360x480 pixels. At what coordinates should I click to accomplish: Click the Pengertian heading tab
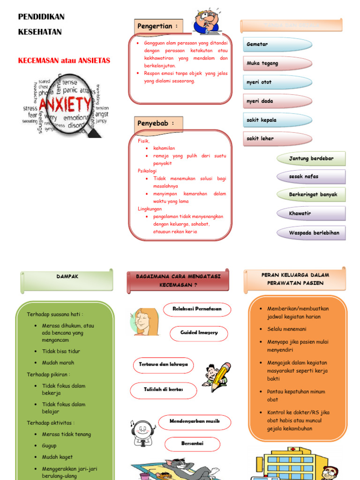coord(158,26)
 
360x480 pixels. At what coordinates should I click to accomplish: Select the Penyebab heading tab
coord(158,123)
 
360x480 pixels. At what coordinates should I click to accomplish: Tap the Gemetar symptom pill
coord(277,45)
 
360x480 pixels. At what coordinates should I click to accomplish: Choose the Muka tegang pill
coord(277,63)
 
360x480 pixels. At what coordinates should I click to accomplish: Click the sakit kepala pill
coord(277,120)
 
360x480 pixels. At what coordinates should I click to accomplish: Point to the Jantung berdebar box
coord(311,158)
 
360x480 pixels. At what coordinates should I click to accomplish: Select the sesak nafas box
coord(311,177)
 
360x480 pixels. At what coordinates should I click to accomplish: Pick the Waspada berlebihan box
coord(311,233)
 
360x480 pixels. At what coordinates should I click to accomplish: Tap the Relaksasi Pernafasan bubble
coord(198,309)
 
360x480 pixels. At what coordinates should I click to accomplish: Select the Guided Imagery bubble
coord(199,333)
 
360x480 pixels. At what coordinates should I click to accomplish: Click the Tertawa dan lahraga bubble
coord(163,365)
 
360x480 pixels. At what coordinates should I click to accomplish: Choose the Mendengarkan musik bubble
coord(195,422)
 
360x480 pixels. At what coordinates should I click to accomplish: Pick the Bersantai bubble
coord(192,444)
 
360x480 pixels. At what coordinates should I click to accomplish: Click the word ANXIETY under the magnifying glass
coord(65,105)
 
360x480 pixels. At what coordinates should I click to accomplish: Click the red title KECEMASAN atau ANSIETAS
coord(64,60)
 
